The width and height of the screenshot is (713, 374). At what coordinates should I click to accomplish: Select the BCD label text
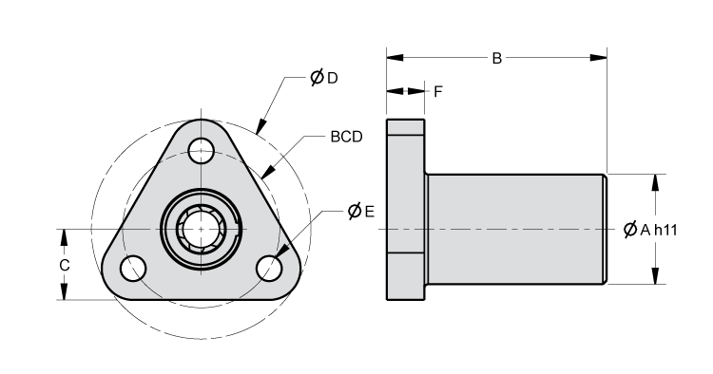[346, 138]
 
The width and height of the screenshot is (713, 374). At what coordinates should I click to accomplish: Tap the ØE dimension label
[360, 210]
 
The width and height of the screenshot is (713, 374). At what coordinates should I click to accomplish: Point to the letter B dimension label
[496, 59]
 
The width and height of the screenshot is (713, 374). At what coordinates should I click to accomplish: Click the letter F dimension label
[438, 92]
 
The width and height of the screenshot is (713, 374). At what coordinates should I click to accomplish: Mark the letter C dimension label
[65, 266]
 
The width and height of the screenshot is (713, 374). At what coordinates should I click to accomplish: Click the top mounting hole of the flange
[201, 149]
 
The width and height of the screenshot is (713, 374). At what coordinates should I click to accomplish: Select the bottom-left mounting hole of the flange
[133, 268]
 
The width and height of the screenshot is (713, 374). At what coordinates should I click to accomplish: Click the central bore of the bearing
[201, 228]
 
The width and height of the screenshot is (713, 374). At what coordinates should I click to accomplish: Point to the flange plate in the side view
[405, 209]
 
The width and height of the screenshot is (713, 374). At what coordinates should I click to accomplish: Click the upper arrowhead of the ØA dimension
[654, 180]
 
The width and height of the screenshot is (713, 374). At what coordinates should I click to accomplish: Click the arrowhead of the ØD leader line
[260, 125]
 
